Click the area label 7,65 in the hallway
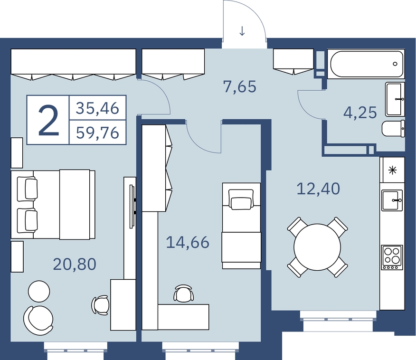point(240,87)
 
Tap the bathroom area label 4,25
point(360,112)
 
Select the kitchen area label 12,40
point(318,189)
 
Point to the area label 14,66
point(188,243)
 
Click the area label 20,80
point(75,264)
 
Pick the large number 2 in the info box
point(48,120)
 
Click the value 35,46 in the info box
point(97,108)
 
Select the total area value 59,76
point(97,133)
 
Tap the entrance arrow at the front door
point(242,31)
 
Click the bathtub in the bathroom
point(366,64)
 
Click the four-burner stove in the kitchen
point(392,257)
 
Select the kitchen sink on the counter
point(392,200)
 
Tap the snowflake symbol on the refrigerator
point(392,170)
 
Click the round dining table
point(317,247)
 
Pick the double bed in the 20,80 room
point(53,205)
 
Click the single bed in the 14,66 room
point(241,226)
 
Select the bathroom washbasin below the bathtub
point(395,99)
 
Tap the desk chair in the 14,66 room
point(183,294)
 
